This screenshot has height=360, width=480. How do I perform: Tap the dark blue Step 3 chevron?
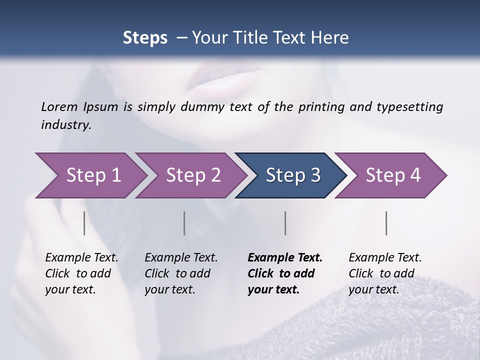coord(291,175)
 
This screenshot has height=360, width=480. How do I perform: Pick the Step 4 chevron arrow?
coord(391,175)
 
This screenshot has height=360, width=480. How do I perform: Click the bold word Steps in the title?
coord(145,38)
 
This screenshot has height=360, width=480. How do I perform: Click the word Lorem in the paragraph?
coord(59,106)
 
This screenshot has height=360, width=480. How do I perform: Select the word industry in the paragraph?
coord(65,124)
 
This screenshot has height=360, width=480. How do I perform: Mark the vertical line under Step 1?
coord(84,223)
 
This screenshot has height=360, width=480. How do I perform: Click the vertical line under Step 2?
coord(184,223)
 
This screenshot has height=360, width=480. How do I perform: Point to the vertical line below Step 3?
coord(285,223)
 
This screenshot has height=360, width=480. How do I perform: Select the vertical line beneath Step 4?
coord(386,223)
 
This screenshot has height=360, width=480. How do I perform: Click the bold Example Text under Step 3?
coord(285,273)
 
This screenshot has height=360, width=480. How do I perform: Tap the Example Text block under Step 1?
coord(81,273)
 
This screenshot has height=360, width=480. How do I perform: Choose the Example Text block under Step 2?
coord(181,273)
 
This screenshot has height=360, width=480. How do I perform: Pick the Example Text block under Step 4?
coord(385,273)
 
